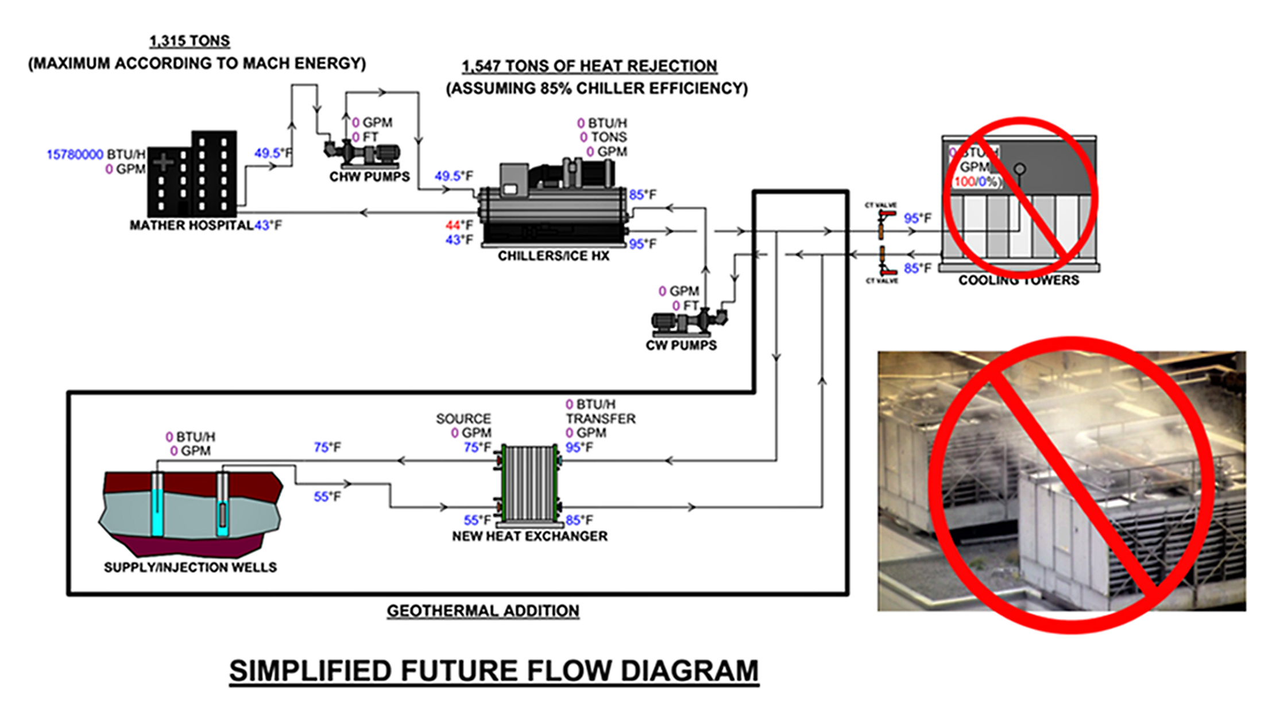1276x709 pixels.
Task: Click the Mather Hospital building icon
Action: click(192, 175)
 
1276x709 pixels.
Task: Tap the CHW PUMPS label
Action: click(369, 177)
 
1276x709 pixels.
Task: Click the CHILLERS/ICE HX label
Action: click(553, 256)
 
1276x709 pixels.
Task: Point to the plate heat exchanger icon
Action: click(528, 484)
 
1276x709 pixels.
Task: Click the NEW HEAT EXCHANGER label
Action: click(529, 536)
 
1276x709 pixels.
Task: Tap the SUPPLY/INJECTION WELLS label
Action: click(190, 568)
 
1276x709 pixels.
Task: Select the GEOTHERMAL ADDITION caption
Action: click(483, 611)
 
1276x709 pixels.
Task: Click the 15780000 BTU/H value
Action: click(75, 155)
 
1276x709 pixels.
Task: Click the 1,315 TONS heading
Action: click(190, 41)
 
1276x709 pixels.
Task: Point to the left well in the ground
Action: click(157, 504)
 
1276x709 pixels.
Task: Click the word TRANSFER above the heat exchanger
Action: click(601, 419)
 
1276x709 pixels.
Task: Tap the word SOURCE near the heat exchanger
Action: click(463, 419)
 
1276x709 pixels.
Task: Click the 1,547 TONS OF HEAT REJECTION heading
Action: click(589, 67)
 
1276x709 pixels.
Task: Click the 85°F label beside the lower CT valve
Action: click(917, 268)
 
